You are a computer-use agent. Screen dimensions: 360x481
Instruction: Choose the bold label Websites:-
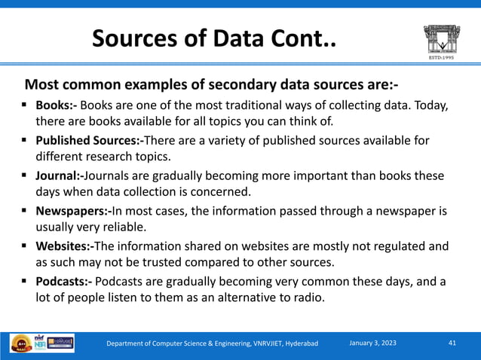tap(66, 246)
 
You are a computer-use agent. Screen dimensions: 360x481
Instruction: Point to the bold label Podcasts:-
tap(66, 282)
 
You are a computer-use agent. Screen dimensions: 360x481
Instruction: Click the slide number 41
tap(452, 343)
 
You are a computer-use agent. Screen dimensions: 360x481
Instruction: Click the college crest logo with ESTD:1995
tap(441, 41)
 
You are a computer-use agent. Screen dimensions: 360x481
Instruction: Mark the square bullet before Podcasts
tap(25, 282)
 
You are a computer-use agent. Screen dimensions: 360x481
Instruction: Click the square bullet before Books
tap(25, 105)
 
